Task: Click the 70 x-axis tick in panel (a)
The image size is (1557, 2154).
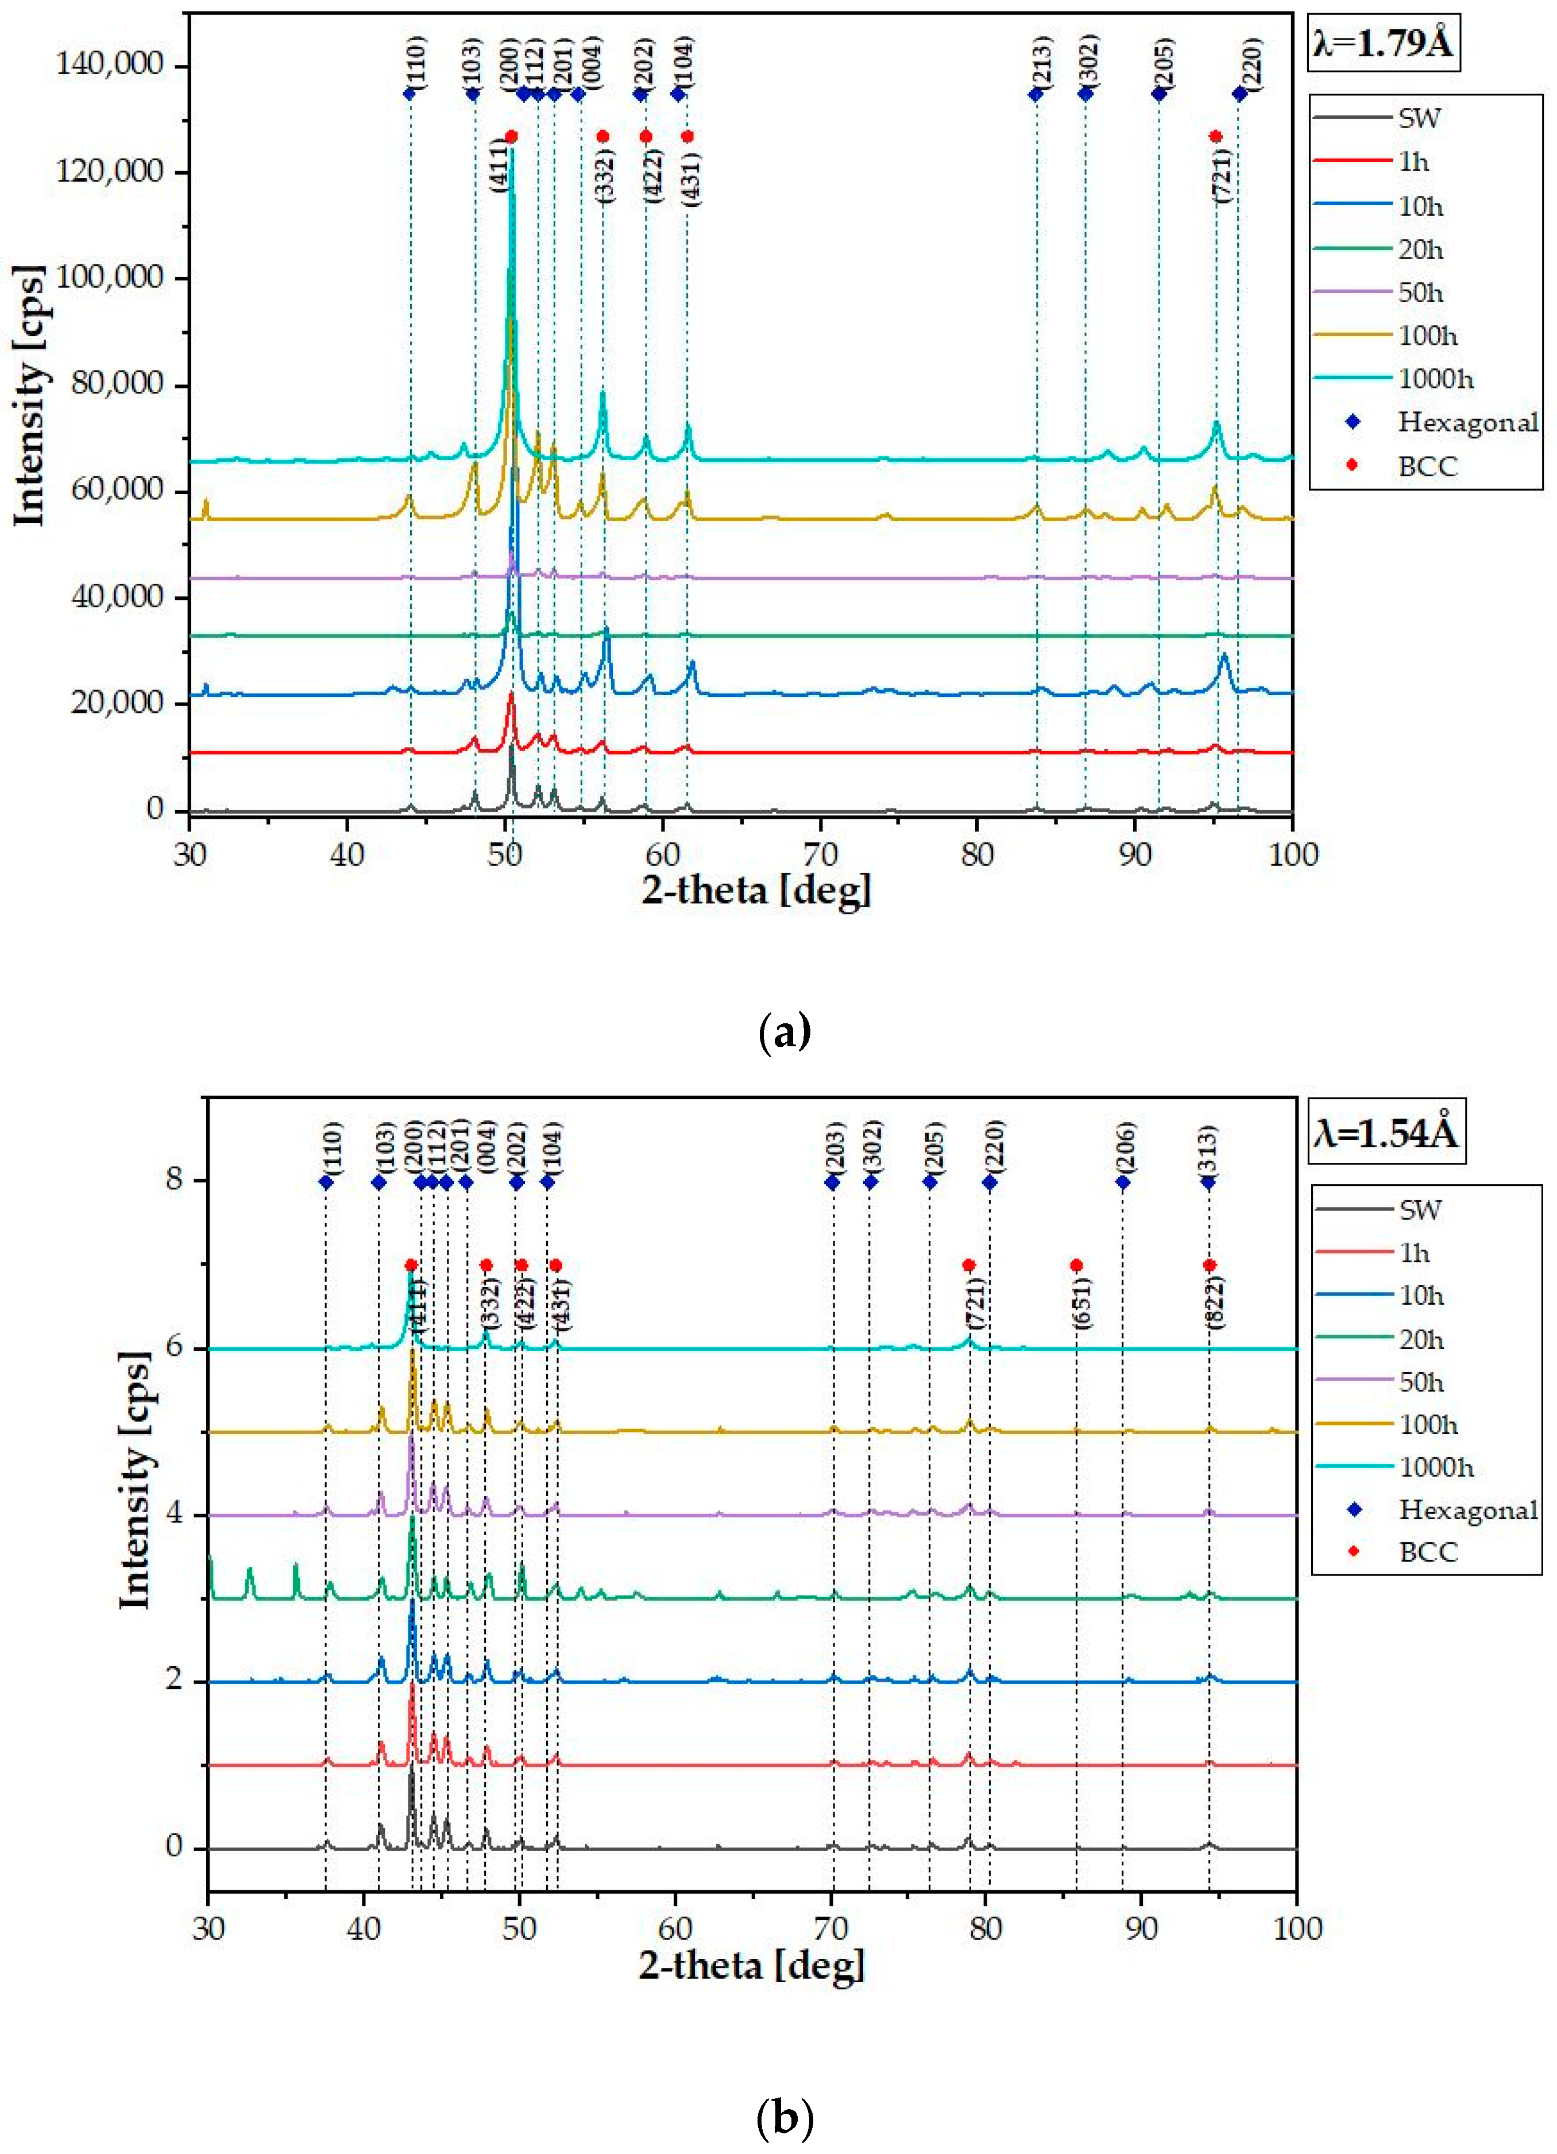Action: tap(820, 854)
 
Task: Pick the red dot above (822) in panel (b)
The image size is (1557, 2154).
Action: tap(1208, 1265)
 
